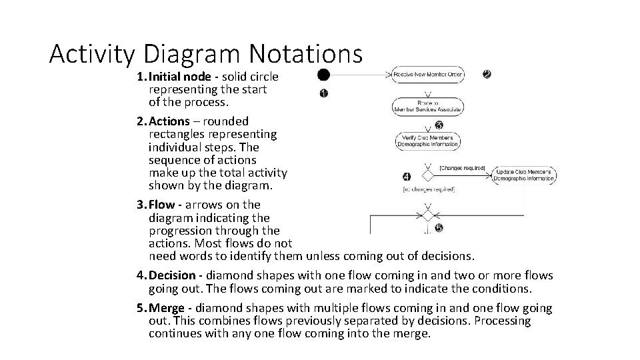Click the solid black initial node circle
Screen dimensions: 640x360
pos(323,74)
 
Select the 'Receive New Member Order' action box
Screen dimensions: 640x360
pos(428,74)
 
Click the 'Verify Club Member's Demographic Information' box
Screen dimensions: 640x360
pos(428,140)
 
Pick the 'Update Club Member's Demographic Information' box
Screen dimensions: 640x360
pos(525,175)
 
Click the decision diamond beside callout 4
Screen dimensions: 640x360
pos(428,175)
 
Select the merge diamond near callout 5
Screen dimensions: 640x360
pos(428,215)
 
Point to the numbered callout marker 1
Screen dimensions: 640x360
pos(323,93)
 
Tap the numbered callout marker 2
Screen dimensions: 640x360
pos(487,74)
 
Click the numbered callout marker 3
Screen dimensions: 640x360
pos(439,125)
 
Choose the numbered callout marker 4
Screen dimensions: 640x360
pos(407,177)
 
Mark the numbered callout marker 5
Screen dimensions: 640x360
pos(439,227)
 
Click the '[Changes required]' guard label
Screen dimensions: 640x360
pos(463,169)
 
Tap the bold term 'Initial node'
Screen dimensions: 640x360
pos(179,77)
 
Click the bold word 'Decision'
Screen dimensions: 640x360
pos(173,275)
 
